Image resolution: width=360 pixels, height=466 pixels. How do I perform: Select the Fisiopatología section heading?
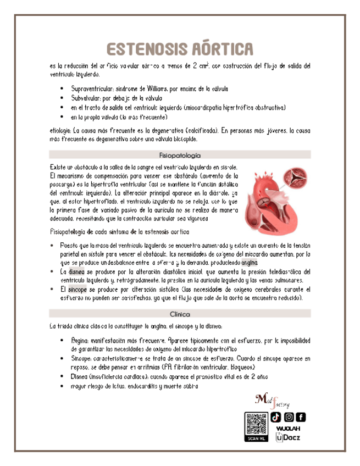(x=180, y=155)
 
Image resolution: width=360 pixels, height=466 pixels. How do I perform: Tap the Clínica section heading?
(x=180, y=314)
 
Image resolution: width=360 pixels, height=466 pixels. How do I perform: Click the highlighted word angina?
(x=264, y=263)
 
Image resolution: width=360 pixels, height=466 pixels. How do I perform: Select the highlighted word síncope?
(x=77, y=289)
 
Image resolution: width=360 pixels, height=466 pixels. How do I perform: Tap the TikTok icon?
(x=276, y=418)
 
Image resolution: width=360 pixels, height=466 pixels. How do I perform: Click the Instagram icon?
(x=289, y=418)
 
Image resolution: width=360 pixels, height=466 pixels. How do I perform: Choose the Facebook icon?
(x=301, y=418)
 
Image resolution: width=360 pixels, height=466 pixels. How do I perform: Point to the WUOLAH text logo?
(x=289, y=429)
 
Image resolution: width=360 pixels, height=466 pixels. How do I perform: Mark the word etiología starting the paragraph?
(x=60, y=131)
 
